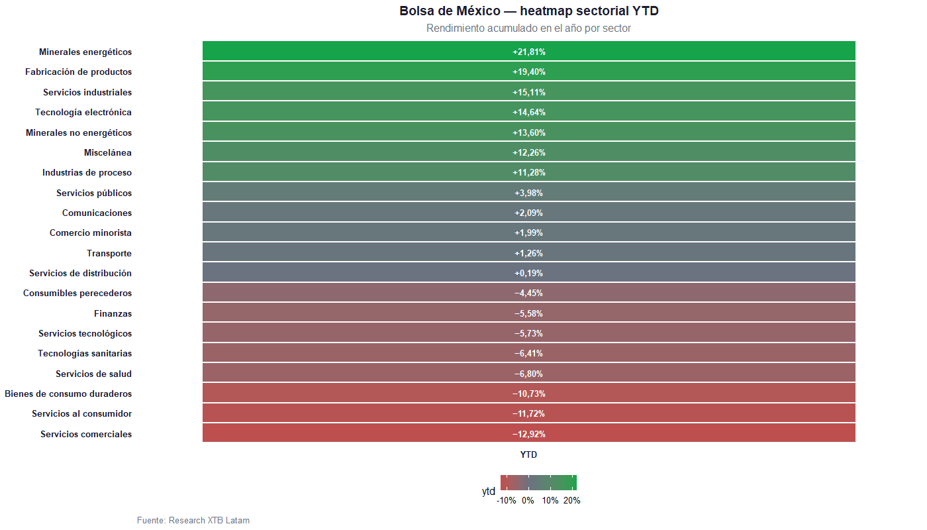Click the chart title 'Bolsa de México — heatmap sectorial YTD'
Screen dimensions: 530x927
(528, 11)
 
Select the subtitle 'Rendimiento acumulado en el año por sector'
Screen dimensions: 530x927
(528, 28)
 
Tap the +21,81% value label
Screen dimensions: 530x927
(528, 52)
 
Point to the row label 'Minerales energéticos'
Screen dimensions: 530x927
(85, 52)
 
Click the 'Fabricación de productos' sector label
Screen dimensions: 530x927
(78, 72)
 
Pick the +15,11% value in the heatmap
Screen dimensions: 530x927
(528, 92)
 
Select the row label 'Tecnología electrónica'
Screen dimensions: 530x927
(83, 112)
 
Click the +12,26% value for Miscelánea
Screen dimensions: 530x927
(528, 152)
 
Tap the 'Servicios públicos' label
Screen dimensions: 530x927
(94, 193)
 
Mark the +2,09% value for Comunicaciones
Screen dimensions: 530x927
(528, 213)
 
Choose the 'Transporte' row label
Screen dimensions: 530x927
(109, 253)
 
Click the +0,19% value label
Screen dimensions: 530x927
(528, 273)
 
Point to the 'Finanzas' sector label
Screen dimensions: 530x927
(113, 313)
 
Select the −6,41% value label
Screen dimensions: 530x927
(528, 354)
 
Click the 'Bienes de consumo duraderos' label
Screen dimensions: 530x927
(68, 394)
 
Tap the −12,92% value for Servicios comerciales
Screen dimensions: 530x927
(528, 434)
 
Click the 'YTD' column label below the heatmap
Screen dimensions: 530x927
(528, 455)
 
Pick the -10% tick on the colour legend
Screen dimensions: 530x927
(507, 501)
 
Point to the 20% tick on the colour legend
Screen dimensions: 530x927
(572, 501)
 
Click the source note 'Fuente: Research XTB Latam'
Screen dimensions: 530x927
(193, 520)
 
